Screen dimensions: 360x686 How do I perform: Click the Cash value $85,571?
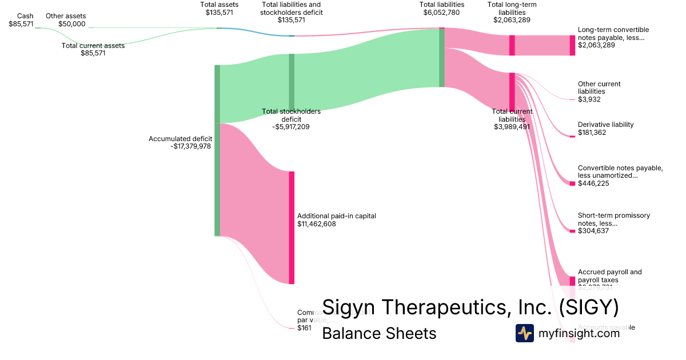[x=21, y=24]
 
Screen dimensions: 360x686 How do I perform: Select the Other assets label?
[x=66, y=16]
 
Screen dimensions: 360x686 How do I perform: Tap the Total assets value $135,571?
[x=219, y=12]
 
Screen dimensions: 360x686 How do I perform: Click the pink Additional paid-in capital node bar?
[x=292, y=227]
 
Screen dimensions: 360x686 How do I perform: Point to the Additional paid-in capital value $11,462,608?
[x=317, y=224]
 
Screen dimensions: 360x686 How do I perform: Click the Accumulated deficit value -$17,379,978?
[x=191, y=146]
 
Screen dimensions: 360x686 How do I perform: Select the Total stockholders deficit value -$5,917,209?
[x=291, y=127]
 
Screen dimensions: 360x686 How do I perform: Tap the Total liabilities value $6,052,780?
[x=441, y=12]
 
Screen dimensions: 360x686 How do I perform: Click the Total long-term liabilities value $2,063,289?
[x=512, y=19]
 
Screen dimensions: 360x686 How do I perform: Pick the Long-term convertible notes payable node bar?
[x=572, y=45]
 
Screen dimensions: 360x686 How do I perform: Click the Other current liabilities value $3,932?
[x=589, y=99]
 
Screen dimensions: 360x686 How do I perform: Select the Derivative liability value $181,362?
[x=592, y=133]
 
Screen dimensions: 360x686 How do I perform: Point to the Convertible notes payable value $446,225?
[x=593, y=183]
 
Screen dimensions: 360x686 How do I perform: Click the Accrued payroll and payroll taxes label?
[x=609, y=276]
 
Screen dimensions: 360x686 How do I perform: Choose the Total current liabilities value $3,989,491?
[x=512, y=127]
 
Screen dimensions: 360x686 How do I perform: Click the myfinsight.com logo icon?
[x=524, y=333]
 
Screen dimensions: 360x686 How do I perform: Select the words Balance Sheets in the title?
[x=379, y=333]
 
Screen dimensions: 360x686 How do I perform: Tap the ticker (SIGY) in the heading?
[x=589, y=307]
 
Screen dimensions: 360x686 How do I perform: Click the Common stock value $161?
[x=304, y=328]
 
